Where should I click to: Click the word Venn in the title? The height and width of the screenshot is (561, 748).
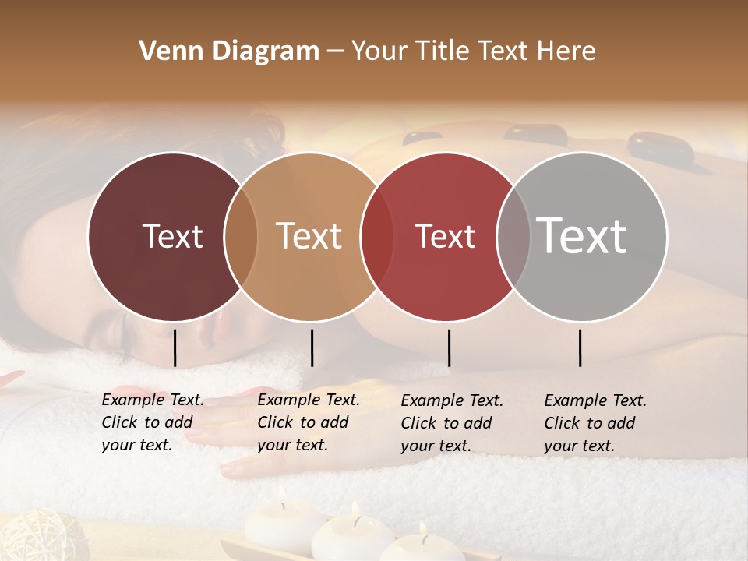click(164, 51)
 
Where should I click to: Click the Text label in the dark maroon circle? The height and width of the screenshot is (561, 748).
click(172, 236)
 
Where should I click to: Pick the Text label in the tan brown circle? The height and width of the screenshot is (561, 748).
click(309, 236)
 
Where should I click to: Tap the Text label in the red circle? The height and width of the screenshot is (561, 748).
click(446, 236)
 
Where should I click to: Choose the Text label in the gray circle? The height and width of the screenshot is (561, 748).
click(582, 236)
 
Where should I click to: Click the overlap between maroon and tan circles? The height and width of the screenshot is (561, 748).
click(241, 236)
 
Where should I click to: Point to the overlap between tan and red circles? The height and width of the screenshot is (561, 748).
click(377, 236)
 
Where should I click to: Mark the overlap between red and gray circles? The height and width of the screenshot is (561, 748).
click(513, 236)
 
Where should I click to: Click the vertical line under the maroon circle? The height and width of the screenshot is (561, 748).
click(175, 348)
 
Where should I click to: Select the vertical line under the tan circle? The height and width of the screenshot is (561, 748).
click(312, 348)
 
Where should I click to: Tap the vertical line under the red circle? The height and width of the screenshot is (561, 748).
click(449, 348)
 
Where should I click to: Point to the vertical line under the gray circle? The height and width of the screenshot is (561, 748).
click(580, 348)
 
